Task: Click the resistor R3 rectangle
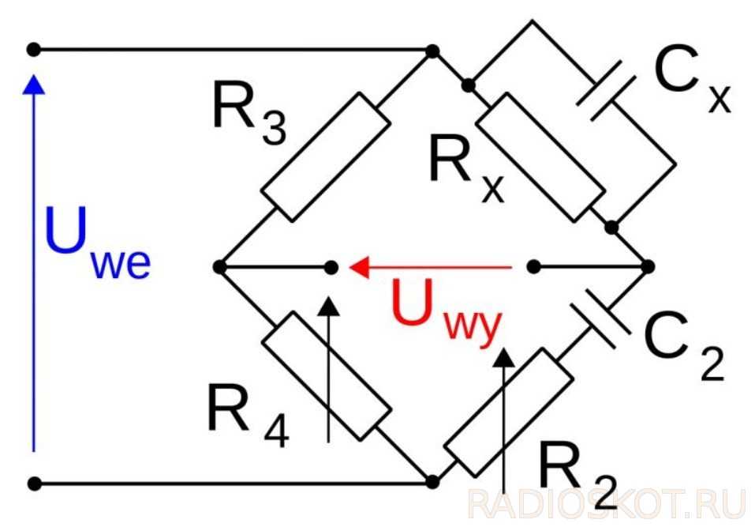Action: click(325, 156)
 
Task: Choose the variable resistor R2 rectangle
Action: click(506, 414)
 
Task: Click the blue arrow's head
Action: click(33, 83)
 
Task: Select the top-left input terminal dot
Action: click(33, 50)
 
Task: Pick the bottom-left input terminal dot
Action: click(33, 481)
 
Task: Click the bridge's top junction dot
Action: click(432, 51)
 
